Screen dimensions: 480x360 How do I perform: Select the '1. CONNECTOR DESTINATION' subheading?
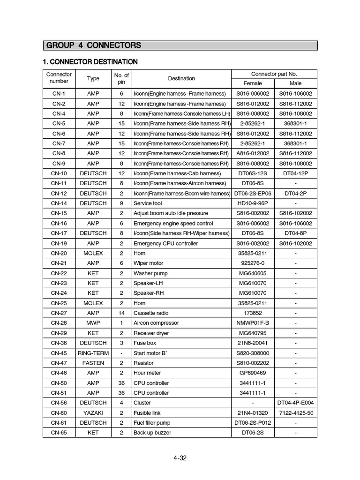coord(90,62)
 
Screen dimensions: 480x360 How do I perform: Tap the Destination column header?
coord(181,79)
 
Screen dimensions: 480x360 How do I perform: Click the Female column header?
coord(253,83)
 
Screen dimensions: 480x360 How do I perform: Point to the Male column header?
coord(295,83)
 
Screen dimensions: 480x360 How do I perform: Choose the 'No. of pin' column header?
coord(121,79)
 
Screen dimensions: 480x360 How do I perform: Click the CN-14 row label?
coord(59,203)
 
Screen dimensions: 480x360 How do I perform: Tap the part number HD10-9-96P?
coord(253,203)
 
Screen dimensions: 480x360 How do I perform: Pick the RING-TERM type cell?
coord(93,353)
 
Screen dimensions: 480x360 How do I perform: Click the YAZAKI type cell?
coord(93,412)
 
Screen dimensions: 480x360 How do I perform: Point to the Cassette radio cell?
coord(151,313)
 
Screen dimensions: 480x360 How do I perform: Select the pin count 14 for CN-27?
coord(121,313)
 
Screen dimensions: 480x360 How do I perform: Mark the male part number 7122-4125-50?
coord(295,412)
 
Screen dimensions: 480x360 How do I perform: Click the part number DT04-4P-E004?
coord(295,403)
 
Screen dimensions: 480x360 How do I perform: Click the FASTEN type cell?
coord(93,363)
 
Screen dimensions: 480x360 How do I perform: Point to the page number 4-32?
coord(180,458)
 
